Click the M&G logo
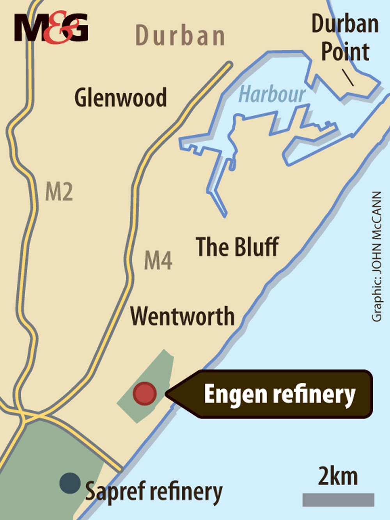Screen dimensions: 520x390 [51, 28]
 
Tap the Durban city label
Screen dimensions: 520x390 [180, 36]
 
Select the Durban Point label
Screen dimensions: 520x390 [345, 38]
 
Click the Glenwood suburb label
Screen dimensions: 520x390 [121, 98]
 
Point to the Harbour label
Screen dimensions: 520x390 [272, 94]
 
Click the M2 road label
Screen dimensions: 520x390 [59, 192]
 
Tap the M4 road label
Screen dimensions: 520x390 [158, 260]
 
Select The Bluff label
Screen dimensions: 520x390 [237, 247]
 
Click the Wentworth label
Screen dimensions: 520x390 [183, 316]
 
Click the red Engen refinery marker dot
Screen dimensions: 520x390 [144, 394]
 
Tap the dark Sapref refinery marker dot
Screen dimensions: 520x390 [70, 483]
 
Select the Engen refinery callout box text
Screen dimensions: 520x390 [279, 394]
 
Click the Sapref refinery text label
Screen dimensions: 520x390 [154, 492]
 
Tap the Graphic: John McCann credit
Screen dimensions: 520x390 [377, 256]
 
